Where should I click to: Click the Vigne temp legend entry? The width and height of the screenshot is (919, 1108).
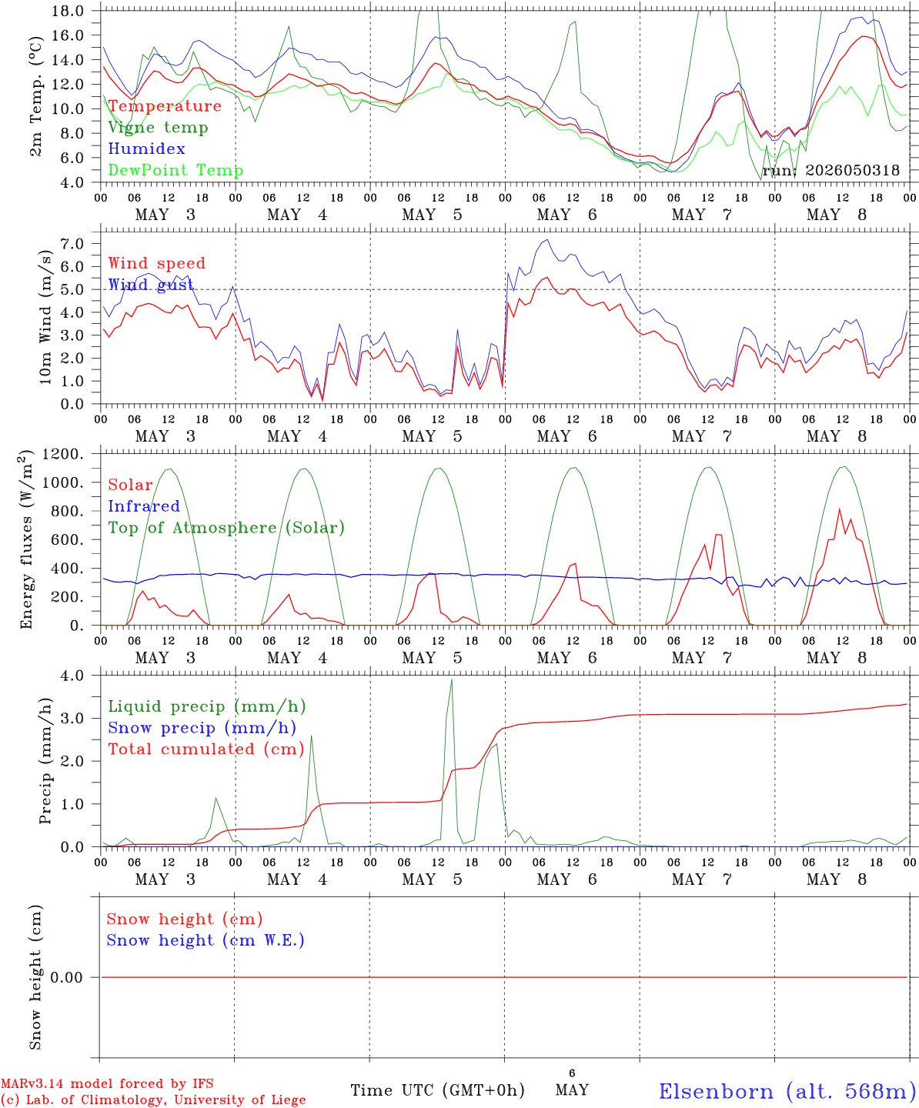click(158, 128)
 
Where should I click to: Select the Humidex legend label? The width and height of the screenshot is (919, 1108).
click(146, 149)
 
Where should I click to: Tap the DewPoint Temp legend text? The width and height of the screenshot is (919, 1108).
click(175, 170)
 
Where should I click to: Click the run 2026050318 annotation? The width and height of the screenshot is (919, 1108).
click(830, 170)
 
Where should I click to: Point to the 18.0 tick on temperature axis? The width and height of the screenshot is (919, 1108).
click(68, 11)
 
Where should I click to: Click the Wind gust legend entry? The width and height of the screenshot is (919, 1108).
click(151, 285)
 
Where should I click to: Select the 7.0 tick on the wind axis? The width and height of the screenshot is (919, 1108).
click(72, 244)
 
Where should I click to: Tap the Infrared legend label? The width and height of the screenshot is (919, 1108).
click(144, 506)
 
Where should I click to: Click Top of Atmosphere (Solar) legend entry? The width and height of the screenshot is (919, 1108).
click(226, 528)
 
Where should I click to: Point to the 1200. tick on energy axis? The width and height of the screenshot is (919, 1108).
click(62, 454)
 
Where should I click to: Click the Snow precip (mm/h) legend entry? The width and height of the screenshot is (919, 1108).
click(202, 728)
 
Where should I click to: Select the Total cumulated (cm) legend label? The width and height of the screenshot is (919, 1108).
click(206, 749)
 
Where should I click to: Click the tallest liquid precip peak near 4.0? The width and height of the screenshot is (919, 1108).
click(451, 680)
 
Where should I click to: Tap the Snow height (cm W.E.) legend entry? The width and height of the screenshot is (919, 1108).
click(206, 940)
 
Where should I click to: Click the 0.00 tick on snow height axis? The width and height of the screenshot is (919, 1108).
click(66, 977)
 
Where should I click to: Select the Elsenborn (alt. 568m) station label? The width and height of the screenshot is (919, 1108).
click(788, 1091)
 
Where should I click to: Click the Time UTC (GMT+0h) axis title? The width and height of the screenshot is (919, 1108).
click(437, 1090)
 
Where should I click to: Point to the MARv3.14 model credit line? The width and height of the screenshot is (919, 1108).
click(107, 1083)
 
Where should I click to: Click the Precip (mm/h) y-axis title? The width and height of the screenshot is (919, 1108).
click(45, 761)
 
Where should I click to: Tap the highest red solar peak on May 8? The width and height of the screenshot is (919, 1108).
click(840, 509)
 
